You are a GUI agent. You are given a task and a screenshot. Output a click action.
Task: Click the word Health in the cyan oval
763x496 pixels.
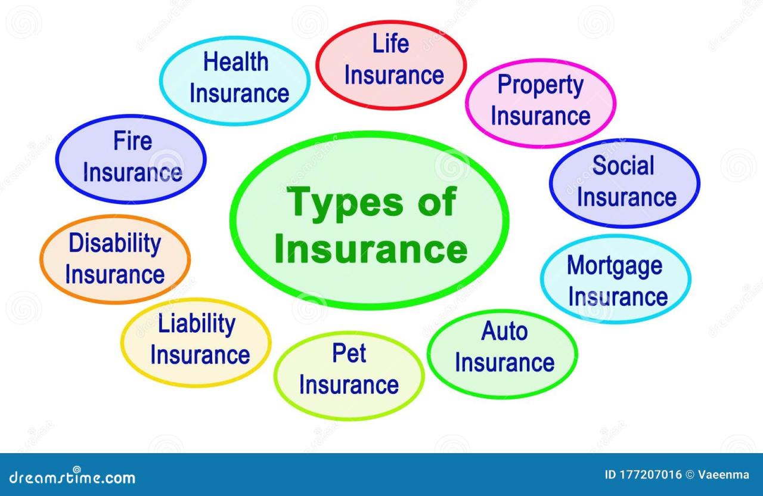coord(236,62)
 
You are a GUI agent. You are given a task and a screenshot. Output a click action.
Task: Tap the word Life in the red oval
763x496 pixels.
coord(390,44)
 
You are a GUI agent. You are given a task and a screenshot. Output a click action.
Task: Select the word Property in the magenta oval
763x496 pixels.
coord(540,85)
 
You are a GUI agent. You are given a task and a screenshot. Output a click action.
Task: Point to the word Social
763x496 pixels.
coord(624,165)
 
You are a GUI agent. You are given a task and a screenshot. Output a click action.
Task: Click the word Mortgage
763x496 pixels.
coord(614,266)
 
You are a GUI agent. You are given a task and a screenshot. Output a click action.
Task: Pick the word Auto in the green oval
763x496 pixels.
coord(504,331)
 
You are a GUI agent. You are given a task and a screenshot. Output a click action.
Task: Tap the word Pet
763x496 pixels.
coord(349,353)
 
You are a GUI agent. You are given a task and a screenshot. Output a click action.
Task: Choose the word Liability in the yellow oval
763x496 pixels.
coord(196,324)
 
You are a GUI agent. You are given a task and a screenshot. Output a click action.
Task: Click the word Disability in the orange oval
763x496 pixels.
coord(114,244)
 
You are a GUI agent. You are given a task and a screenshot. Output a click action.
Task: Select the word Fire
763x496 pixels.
coord(132,142)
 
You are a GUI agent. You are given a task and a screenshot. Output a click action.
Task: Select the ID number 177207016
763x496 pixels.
coord(651,475)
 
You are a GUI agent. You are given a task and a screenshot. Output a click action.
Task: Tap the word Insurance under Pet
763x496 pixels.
coord(349,385)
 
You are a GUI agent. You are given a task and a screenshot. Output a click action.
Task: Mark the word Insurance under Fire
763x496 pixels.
coord(132,173)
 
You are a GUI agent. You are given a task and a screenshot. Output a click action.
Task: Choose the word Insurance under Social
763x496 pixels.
coord(626,197)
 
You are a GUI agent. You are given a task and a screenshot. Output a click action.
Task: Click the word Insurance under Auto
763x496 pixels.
coord(504,362)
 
